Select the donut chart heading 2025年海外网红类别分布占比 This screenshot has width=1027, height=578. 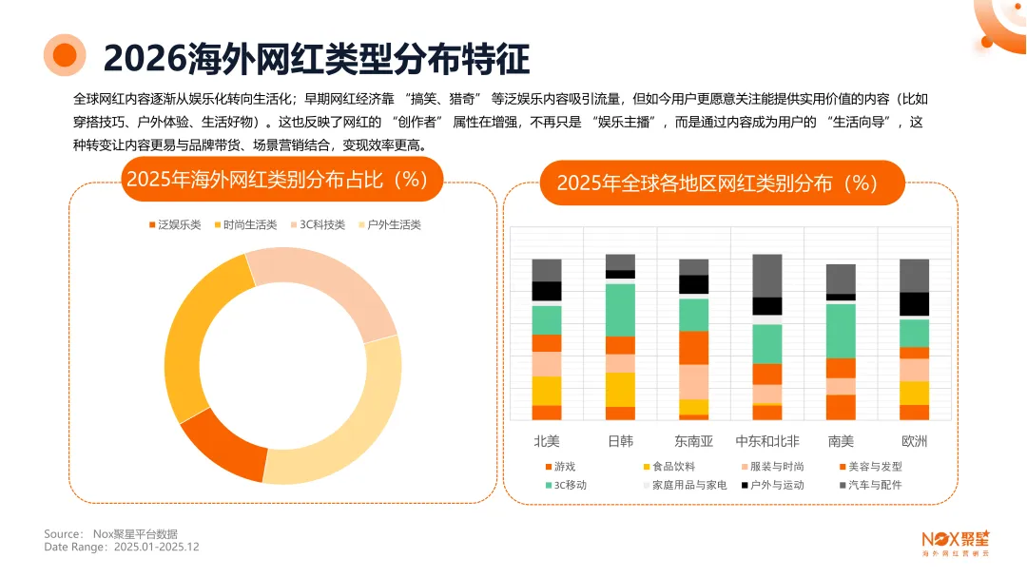pos(282,180)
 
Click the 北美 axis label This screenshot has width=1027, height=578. pos(547,441)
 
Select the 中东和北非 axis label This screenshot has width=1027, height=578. pos(767,441)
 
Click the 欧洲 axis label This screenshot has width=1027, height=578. pos(914,441)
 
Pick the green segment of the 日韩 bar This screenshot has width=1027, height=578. pos(620,309)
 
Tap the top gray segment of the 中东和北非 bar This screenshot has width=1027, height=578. pos(767,275)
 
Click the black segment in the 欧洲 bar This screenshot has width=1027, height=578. pos(914,303)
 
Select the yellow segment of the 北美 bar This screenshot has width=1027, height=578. pos(547,390)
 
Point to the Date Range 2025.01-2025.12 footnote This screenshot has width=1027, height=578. pos(122,547)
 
